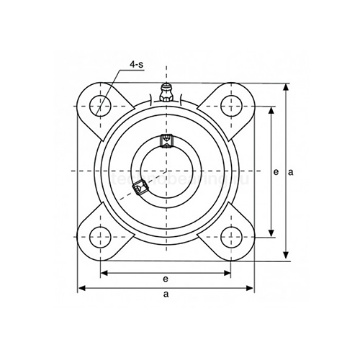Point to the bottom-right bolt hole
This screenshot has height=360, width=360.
point(230,235)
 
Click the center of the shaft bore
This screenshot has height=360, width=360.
point(166,171)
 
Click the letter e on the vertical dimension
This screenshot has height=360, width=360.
point(276,172)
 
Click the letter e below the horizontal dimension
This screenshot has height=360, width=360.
point(166,279)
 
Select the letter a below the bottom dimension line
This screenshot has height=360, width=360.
point(166,295)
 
